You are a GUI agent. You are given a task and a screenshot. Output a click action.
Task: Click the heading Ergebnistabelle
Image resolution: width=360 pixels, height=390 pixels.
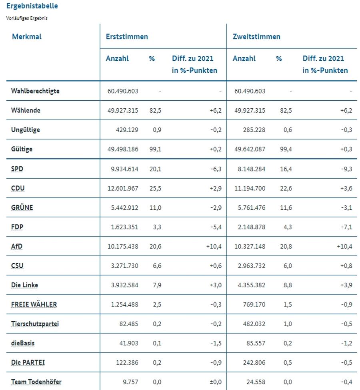32,6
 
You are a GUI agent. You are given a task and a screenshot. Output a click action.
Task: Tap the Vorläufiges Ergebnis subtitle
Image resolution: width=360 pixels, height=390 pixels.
27,18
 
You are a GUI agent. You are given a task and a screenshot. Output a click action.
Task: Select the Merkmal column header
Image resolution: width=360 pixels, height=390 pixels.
27,37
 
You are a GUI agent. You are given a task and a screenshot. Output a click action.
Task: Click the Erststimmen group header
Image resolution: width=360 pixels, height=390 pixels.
127,37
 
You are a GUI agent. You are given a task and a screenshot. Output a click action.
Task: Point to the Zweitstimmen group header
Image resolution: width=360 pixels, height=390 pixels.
256,37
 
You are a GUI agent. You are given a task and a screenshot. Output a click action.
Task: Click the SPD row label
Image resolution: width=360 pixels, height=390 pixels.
17,169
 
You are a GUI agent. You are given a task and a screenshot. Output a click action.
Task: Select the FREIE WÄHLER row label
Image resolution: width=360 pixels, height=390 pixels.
34,304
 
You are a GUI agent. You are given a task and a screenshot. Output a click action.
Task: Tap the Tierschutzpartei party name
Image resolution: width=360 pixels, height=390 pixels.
35,324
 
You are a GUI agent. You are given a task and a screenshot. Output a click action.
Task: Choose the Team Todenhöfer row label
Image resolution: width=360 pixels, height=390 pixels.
36,382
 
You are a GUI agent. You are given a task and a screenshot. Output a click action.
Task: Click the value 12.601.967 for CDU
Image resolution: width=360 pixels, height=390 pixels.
123,188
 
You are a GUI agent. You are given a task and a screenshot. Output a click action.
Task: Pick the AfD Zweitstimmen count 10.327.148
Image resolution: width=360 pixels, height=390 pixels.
250,247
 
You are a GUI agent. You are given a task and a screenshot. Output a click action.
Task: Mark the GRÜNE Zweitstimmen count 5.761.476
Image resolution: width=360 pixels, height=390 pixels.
252,208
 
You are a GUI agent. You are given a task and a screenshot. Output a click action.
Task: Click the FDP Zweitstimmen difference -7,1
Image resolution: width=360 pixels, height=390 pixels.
346,227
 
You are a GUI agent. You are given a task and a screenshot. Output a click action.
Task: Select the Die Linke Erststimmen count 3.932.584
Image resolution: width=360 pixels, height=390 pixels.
124,285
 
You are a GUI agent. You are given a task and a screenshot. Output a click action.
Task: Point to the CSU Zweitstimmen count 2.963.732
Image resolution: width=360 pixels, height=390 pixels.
252,266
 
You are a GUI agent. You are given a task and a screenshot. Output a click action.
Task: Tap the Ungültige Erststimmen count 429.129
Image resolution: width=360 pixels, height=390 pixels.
127,130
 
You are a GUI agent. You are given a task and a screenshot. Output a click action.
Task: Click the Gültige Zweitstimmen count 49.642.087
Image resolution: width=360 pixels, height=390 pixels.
250,149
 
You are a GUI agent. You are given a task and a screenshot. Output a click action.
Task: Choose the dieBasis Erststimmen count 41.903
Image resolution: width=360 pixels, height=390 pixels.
129,343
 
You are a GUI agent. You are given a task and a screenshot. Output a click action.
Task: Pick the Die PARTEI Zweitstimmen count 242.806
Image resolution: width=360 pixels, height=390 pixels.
254,363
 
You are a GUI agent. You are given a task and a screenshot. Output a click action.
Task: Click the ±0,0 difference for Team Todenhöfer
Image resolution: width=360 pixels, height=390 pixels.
216,382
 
